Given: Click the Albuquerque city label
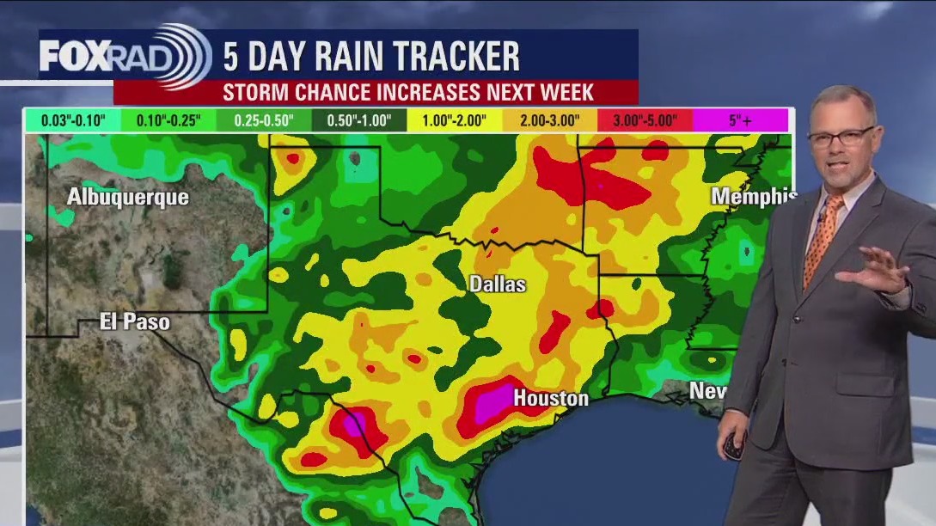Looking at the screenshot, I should [x=128, y=198].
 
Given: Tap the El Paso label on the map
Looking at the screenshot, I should [x=135, y=322].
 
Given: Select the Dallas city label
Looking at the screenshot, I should [x=497, y=284].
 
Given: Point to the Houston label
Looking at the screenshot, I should [x=550, y=398].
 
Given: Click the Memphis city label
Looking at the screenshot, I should [x=753, y=197].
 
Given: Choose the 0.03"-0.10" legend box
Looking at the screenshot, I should [x=72, y=120].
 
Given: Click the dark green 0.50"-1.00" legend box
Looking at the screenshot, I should [x=360, y=120].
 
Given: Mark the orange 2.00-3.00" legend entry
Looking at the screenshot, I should [x=550, y=120].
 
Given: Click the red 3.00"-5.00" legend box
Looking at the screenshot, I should [x=645, y=120].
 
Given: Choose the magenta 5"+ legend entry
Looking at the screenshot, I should [x=740, y=120].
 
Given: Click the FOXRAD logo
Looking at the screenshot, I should [x=125, y=56].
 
